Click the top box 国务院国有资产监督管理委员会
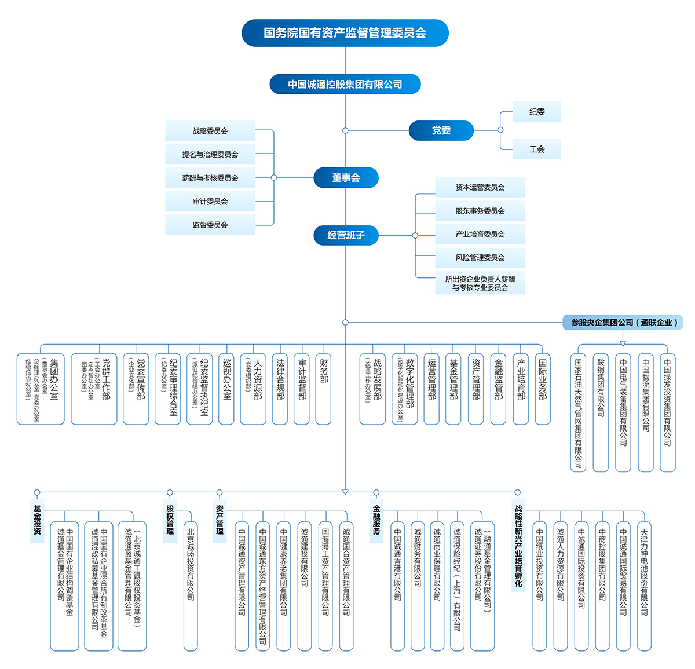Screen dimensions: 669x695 (345, 33)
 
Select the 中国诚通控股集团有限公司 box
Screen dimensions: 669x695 (345, 84)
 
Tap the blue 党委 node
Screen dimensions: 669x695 (441, 131)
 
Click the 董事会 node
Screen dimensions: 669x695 (346, 178)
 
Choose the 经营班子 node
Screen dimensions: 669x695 (346, 235)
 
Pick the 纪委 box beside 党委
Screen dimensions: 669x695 (536, 112)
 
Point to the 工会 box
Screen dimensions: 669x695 (536, 149)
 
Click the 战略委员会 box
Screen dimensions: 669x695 (210, 131)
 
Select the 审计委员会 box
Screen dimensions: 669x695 (210, 202)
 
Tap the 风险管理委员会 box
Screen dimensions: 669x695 (480, 258)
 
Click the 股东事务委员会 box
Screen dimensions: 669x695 (480, 211)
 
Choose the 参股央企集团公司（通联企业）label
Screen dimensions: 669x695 (623, 323)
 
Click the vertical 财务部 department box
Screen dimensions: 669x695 (323, 389)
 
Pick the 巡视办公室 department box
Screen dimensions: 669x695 (226, 389)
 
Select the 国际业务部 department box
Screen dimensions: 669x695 (543, 389)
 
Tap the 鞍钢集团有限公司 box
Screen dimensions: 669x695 (601, 412)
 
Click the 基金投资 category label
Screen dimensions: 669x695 (38, 520)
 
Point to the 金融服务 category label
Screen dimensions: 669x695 (376, 520)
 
